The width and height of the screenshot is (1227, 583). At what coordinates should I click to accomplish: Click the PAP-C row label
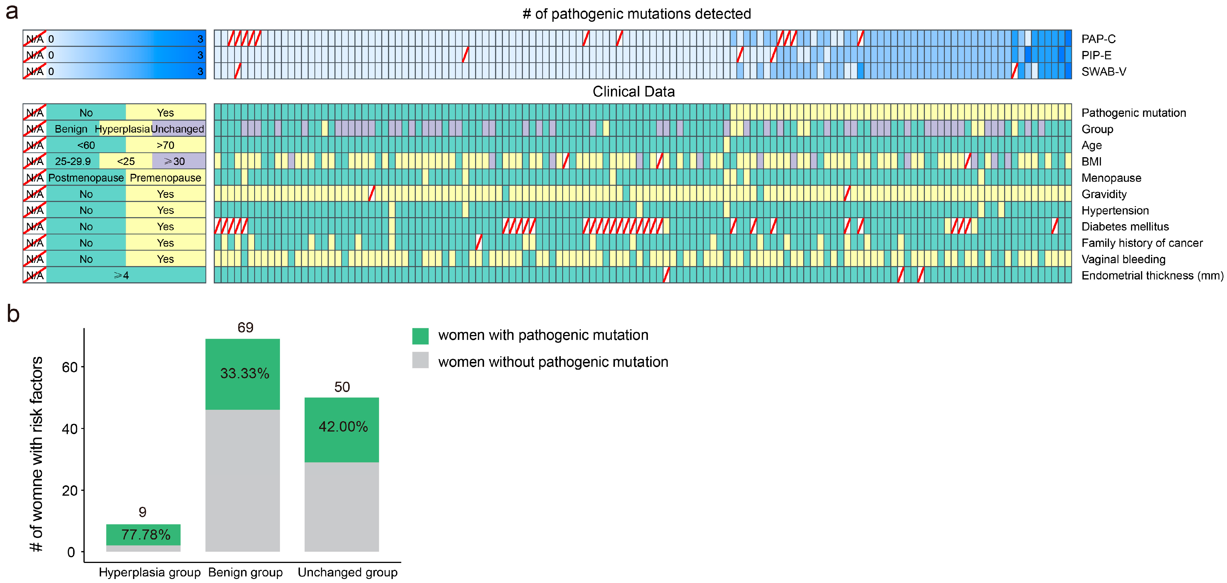[x=1098, y=39]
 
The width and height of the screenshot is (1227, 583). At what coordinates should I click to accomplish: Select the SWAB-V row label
[x=1103, y=71]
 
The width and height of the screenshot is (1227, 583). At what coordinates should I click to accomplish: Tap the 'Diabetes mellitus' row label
[x=1125, y=226]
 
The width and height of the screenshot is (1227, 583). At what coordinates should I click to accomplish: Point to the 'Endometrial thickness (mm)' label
[x=1152, y=275]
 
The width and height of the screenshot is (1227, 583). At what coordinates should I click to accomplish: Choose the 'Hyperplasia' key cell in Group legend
[x=122, y=129]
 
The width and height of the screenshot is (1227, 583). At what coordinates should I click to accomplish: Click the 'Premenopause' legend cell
[x=165, y=178]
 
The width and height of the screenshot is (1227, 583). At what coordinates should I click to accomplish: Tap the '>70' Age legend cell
[x=165, y=145]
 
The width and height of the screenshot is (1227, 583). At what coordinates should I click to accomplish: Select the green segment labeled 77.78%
[x=143, y=534]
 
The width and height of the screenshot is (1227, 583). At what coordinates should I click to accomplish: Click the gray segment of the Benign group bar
[x=242, y=481]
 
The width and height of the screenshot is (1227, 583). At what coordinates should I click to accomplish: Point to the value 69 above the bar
[x=245, y=327]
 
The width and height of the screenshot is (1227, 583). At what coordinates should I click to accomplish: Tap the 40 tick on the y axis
[x=70, y=429]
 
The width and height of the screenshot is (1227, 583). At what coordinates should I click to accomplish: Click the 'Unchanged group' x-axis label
[x=347, y=572]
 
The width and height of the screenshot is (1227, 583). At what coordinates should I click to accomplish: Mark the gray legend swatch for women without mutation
[x=420, y=360]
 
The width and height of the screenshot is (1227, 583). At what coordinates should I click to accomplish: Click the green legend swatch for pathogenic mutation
[x=420, y=336]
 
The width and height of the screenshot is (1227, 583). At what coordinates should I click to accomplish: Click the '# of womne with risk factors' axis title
[x=36, y=454]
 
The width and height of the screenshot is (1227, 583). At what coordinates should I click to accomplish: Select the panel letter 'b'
[x=13, y=314]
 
